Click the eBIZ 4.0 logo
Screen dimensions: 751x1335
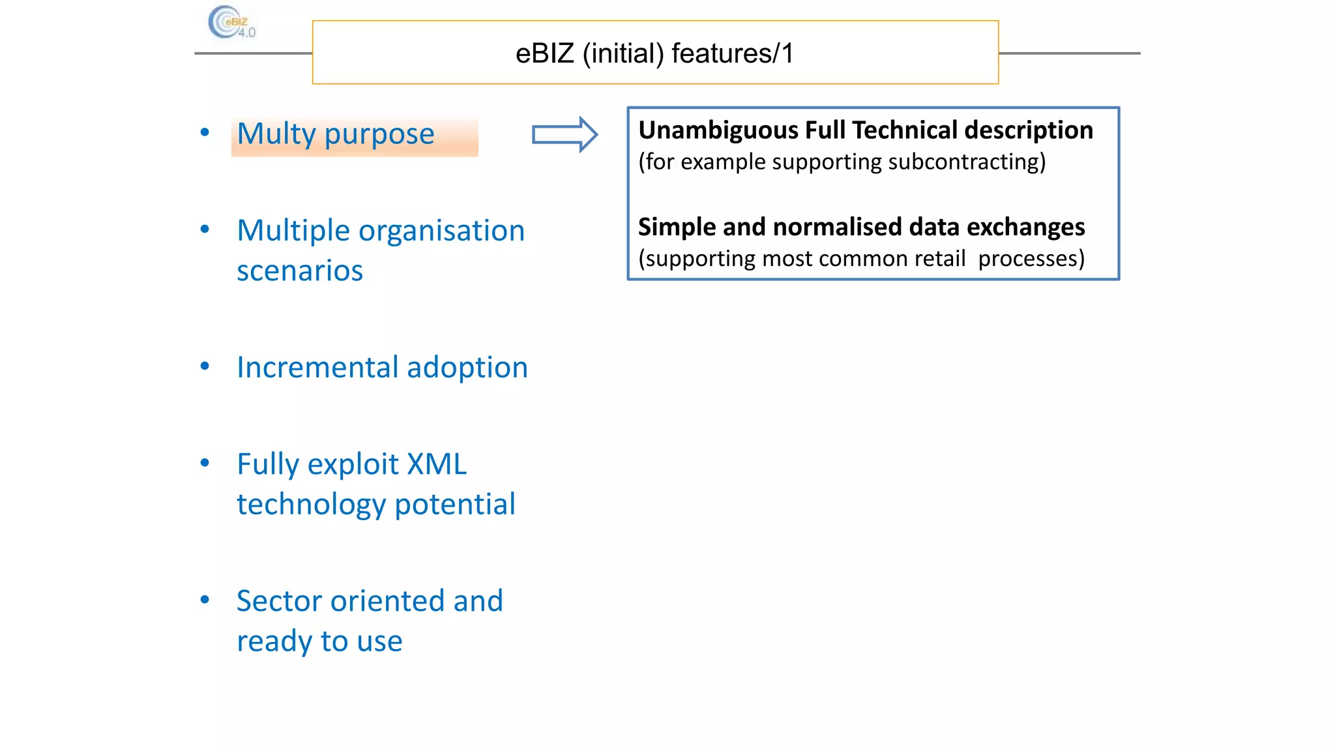pos(231,23)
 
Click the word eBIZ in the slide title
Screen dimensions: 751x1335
pos(544,53)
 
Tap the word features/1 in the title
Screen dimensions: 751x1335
pos(733,53)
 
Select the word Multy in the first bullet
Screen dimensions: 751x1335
pos(276,134)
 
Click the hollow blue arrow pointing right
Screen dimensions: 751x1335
pos(565,135)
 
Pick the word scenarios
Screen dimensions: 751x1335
pos(300,271)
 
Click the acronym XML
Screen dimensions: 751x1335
pos(436,464)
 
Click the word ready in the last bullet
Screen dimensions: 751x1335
pos(274,641)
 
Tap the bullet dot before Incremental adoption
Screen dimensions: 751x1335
pos(205,366)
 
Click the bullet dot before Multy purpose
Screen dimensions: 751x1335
pos(205,132)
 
